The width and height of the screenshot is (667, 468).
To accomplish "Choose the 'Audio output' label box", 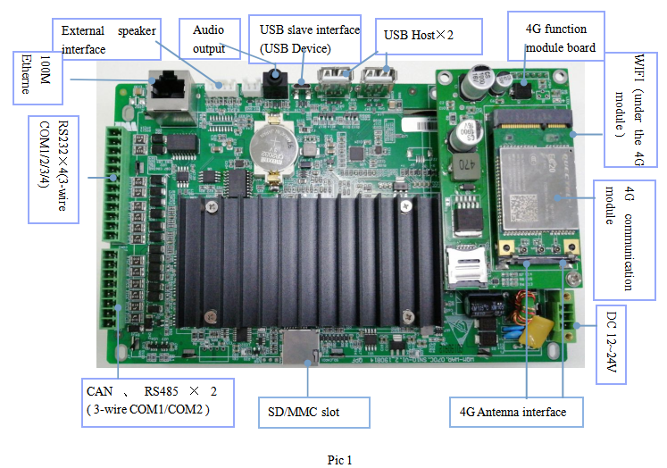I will coord(211,39).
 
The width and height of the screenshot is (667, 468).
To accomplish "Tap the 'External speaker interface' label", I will coord(107,40).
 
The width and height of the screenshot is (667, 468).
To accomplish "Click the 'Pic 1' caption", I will coord(339,460).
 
